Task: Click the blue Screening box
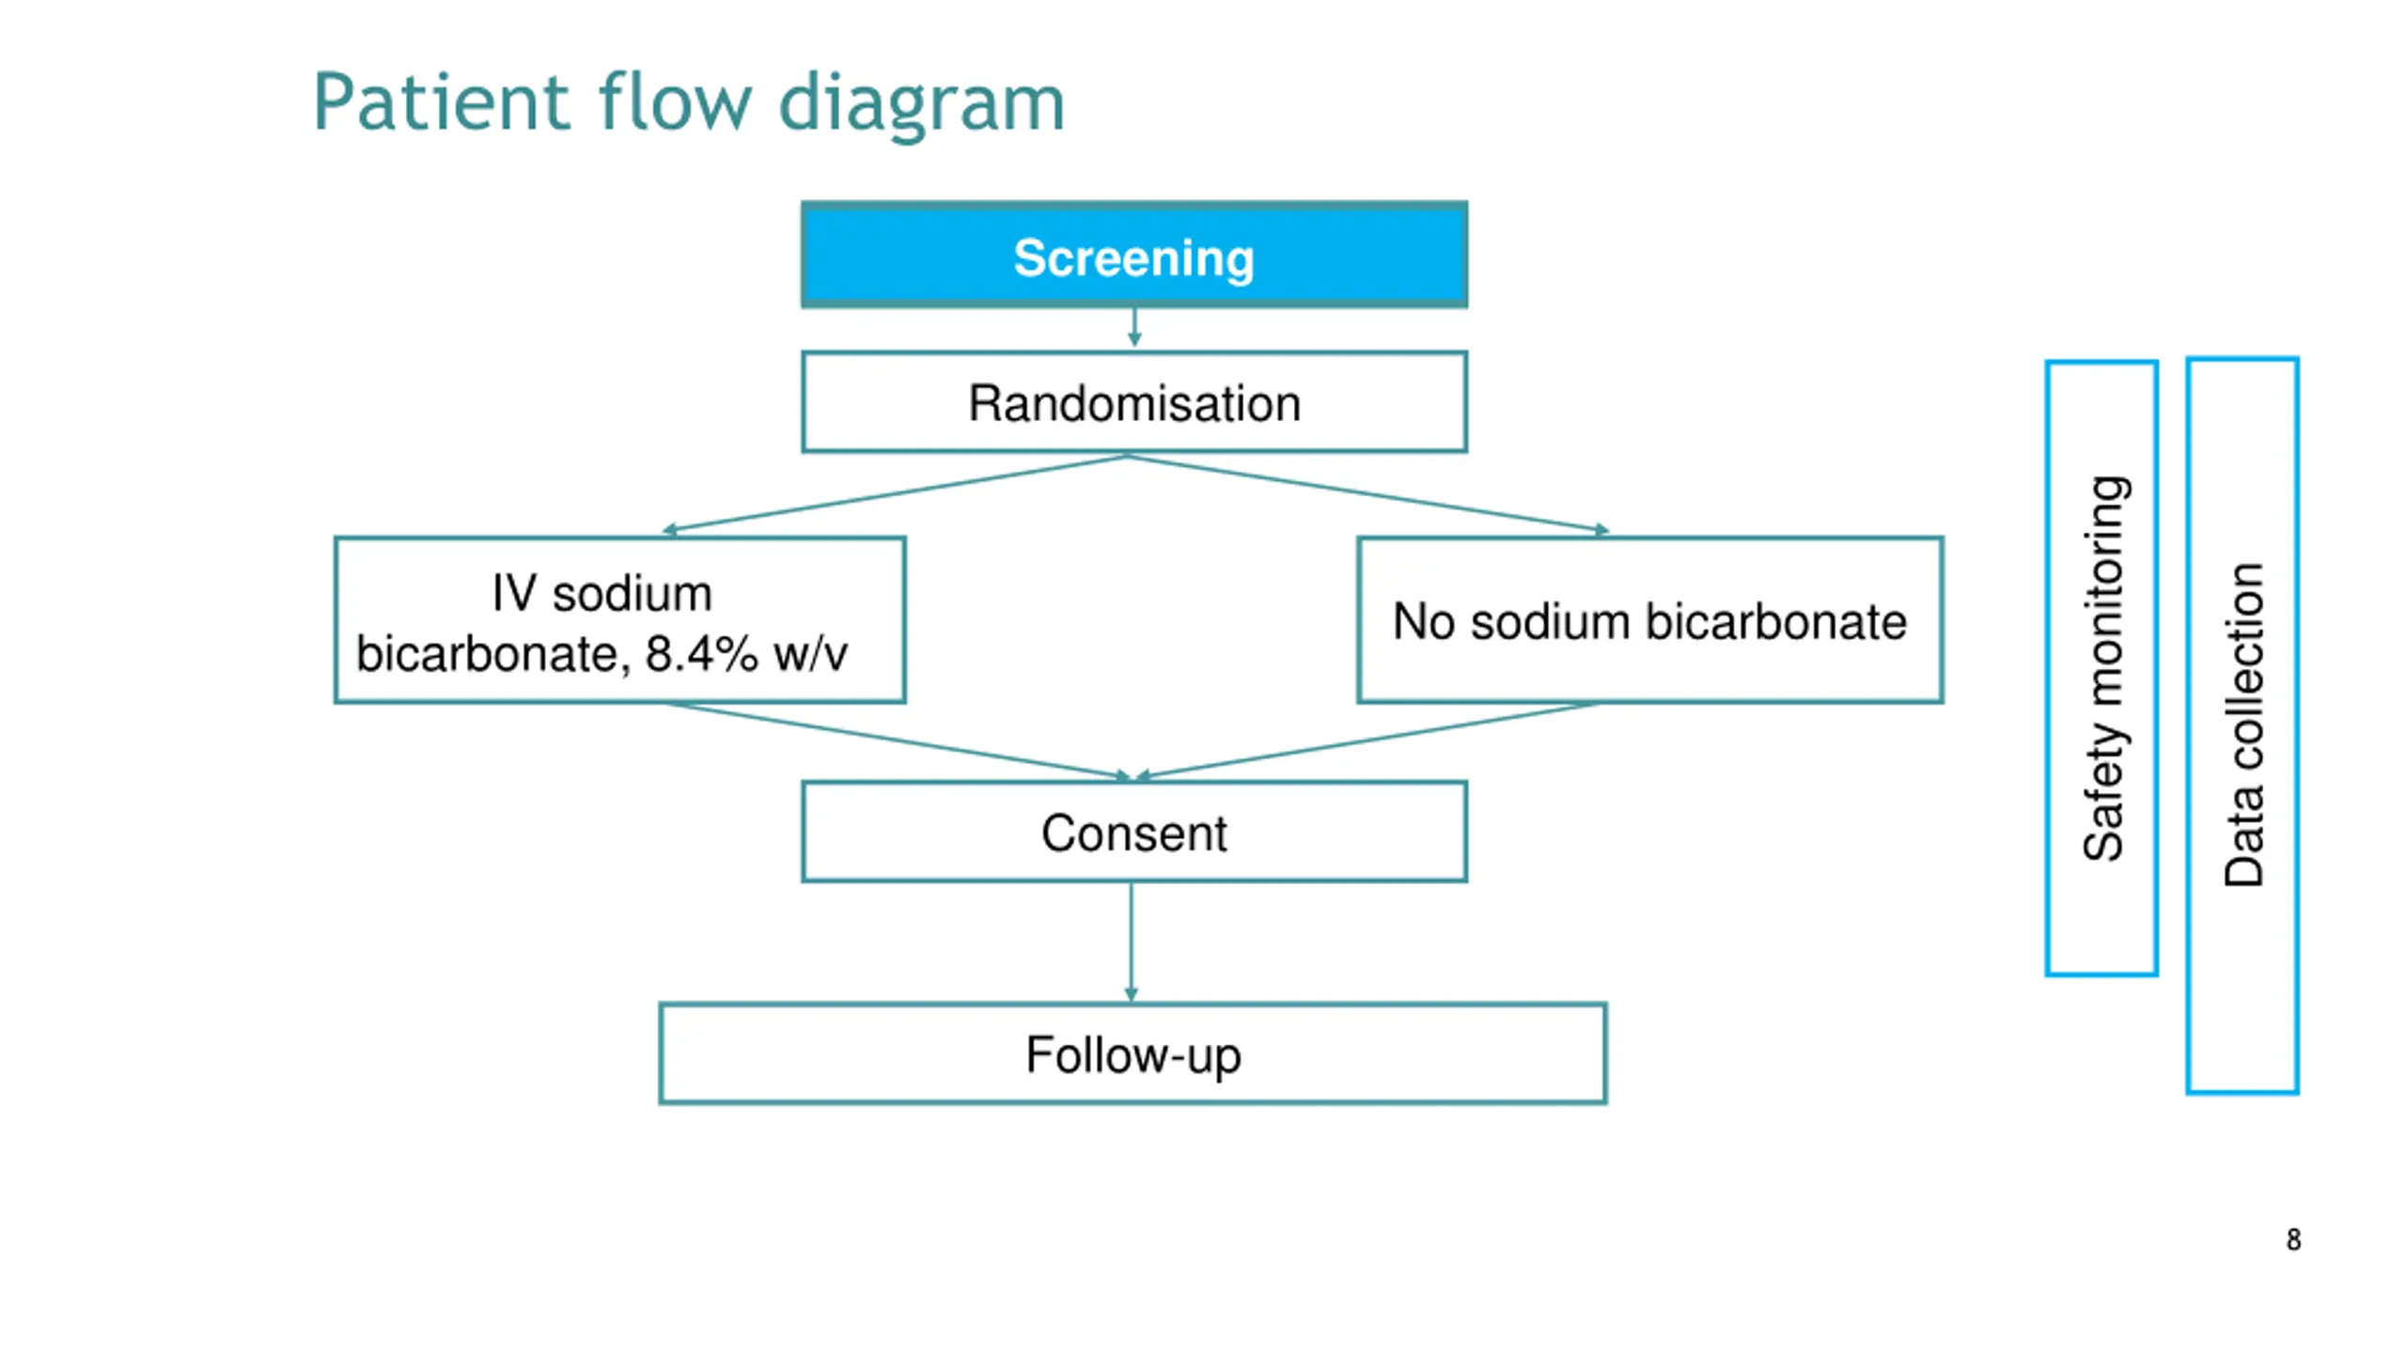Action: (x=1133, y=254)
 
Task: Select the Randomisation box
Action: (x=1133, y=402)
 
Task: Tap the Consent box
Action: (x=1133, y=832)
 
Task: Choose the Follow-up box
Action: (x=1133, y=1053)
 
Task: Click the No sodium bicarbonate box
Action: (x=1649, y=620)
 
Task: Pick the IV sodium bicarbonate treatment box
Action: (x=620, y=620)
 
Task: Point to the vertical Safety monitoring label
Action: (x=2103, y=668)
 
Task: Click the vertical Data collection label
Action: (x=2243, y=724)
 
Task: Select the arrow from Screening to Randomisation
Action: (x=1134, y=327)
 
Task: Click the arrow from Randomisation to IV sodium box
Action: (x=895, y=494)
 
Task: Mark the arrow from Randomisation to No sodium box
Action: (x=1368, y=494)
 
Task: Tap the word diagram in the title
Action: (x=922, y=104)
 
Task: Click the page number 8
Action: (x=2293, y=1239)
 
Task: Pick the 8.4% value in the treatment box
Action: (x=701, y=654)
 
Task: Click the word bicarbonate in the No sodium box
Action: (x=1776, y=621)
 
